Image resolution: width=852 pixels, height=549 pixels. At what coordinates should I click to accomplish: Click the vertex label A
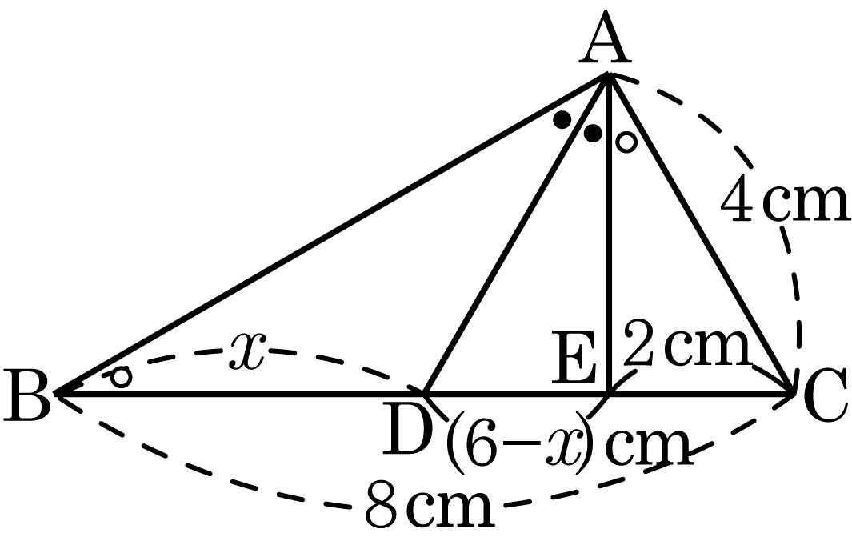(605, 38)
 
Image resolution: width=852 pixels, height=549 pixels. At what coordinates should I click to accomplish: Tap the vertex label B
(27, 394)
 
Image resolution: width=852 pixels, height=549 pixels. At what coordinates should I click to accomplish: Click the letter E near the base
(574, 357)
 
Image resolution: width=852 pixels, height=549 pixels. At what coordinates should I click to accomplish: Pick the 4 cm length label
(784, 201)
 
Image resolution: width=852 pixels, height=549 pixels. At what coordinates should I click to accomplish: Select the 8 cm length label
(430, 505)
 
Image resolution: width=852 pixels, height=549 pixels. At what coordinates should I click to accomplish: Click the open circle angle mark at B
(121, 377)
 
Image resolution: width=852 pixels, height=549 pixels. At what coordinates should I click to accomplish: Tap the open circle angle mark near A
(626, 142)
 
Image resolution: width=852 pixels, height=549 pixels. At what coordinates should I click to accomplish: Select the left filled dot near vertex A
(562, 119)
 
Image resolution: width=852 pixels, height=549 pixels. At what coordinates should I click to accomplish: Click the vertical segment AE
(609, 234)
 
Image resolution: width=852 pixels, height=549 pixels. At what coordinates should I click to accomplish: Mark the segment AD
(517, 234)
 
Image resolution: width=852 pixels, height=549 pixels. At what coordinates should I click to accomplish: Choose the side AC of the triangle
(701, 234)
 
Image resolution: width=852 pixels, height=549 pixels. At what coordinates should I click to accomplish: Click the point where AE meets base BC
(609, 392)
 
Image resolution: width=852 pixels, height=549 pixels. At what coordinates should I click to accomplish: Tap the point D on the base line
(426, 392)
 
